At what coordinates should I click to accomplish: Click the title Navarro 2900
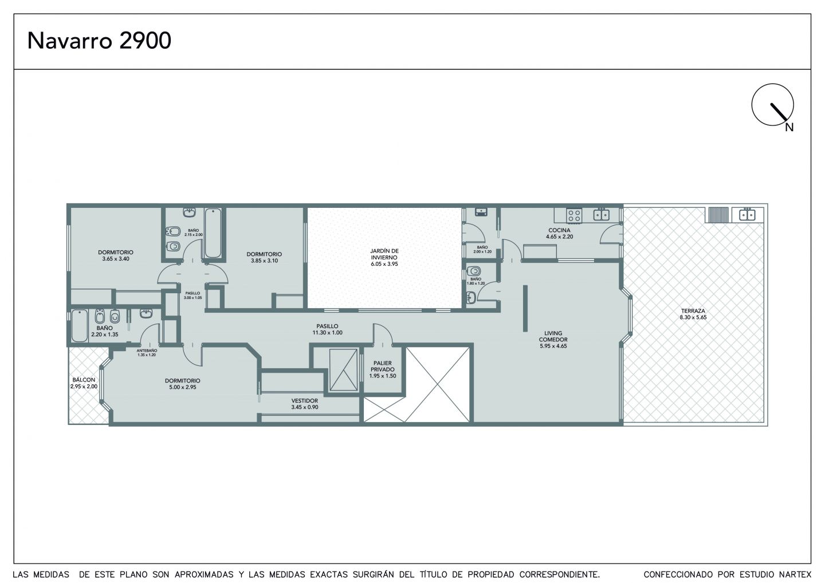pyautogui.click(x=99, y=41)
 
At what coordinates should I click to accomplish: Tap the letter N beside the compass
pyautogui.click(x=789, y=127)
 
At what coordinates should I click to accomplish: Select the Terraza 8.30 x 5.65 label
pyautogui.click(x=693, y=314)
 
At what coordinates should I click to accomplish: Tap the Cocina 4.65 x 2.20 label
pyautogui.click(x=559, y=233)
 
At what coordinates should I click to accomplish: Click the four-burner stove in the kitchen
pyautogui.click(x=574, y=216)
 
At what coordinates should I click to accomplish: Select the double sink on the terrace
pyautogui.click(x=747, y=215)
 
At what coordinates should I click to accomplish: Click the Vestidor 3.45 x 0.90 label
pyautogui.click(x=304, y=404)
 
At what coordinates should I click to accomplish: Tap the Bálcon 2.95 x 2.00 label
pyautogui.click(x=84, y=383)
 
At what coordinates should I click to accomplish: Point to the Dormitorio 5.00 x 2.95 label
pyautogui.click(x=182, y=384)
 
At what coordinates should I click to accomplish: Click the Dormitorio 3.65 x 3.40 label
pyautogui.click(x=115, y=255)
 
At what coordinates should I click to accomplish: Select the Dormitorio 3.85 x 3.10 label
pyautogui.click(x=264, y=257)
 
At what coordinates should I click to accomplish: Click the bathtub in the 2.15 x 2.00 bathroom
pyautogui.click(x=213, y=233)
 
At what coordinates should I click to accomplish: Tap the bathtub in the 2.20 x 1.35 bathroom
pyautogui.click(x=79, y=326)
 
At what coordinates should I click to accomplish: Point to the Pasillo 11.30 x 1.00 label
pyautogui.click(x=328, y=329)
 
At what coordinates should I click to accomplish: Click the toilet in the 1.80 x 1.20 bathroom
pyautogui.click(x=474, y=271)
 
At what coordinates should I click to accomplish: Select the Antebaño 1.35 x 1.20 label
pyautogui.click(x=147, y=353)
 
